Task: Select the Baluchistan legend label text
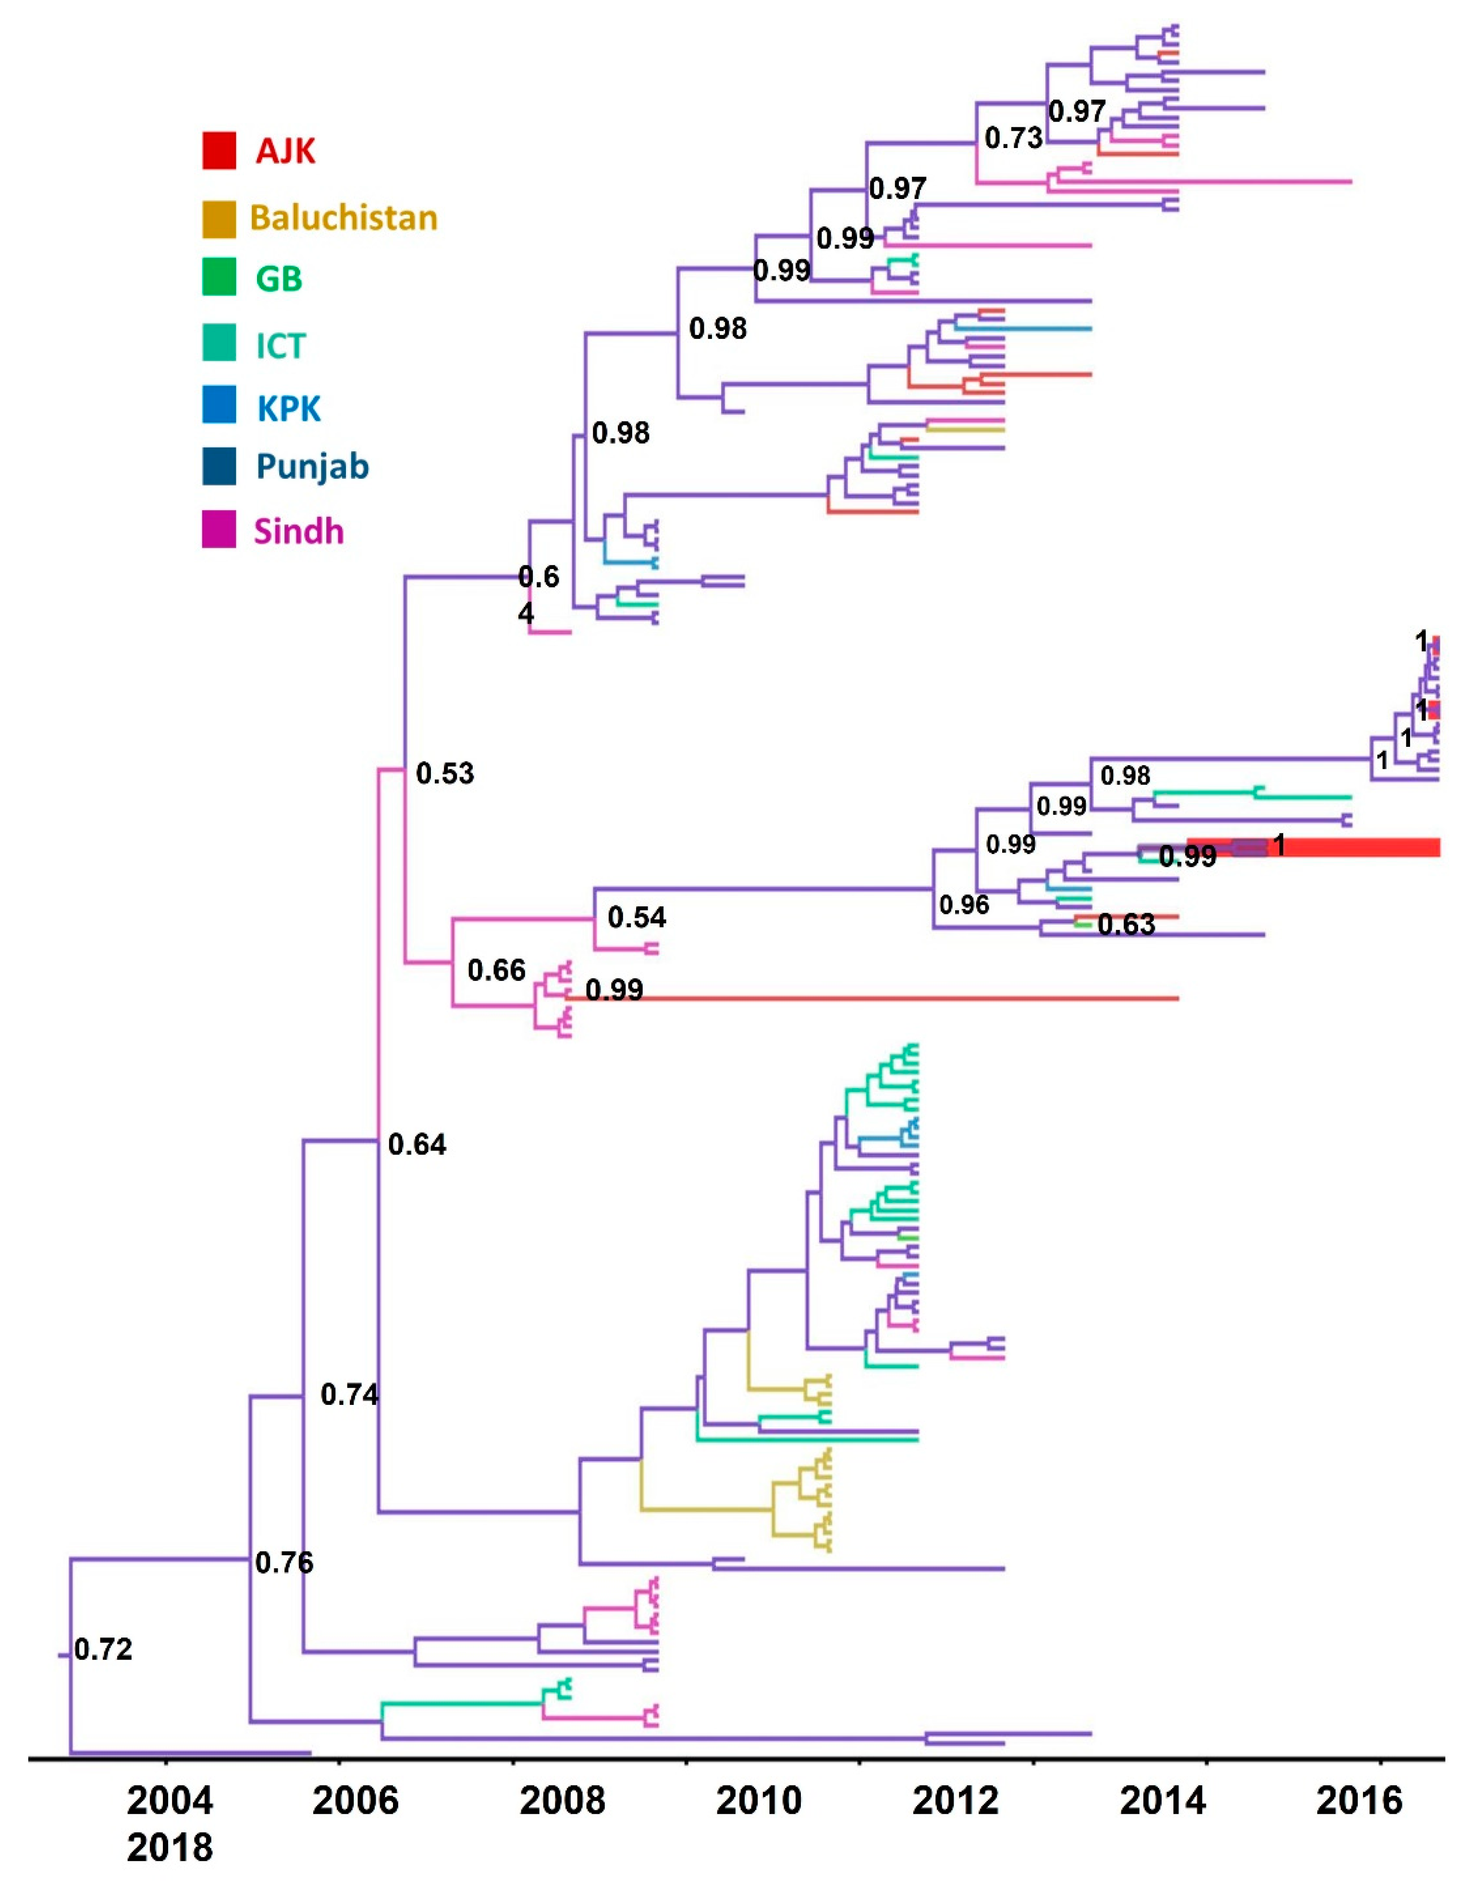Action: pos(344,218)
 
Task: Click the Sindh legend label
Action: pos(298,531)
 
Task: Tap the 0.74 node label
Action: pos(349,1394)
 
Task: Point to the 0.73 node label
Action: pos(1013,138)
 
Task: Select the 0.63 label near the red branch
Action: pos(1126,925)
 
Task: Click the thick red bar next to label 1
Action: pos(1363,847)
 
